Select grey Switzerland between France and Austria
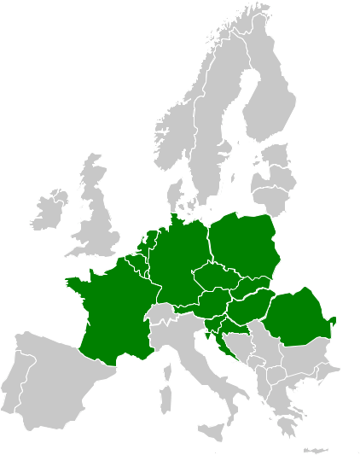point(160,314)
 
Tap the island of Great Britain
point(102,226)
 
